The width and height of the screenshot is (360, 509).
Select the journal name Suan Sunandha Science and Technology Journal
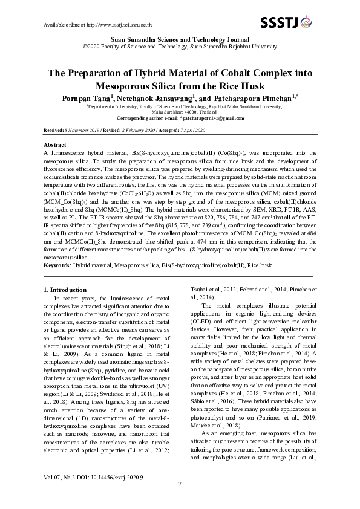click(180, 38)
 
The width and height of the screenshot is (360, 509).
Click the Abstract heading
click(56, 146)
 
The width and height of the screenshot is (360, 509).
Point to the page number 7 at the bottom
click(180, 484)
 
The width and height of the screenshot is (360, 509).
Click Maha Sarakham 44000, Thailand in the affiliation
click(180, 112)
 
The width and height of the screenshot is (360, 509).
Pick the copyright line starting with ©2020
click(180, 45)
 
